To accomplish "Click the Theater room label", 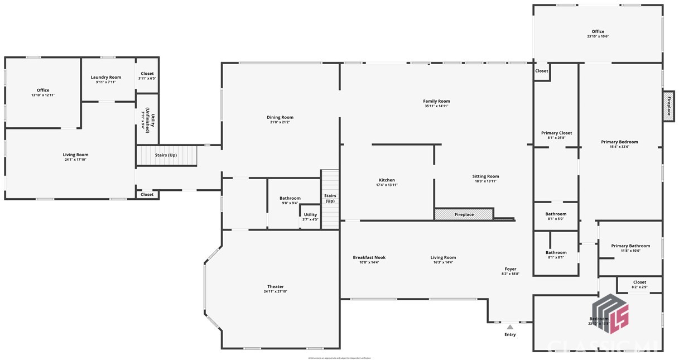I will pos(275,287).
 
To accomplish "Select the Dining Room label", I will pos(280,117).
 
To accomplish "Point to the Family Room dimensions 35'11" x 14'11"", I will pos(436,106).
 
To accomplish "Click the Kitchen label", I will pos(387,180).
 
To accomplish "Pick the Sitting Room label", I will pos(485,176).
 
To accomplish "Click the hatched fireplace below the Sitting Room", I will pos(464,214).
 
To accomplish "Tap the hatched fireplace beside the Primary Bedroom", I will pos(668,105).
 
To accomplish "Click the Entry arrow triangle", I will pos(510,327).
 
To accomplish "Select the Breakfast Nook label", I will pos(369,257).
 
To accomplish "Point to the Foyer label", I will pos(511,269).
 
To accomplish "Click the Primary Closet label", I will pos(556,133).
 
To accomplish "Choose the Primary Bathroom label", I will pos(630,246).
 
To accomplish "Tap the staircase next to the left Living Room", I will pos(167,155).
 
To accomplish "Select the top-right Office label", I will pos(598,31).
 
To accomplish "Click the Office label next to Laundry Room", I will pos(43,90).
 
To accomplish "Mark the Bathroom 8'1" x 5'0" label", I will pos(556,214).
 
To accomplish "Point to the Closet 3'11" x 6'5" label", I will pos(147,74).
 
